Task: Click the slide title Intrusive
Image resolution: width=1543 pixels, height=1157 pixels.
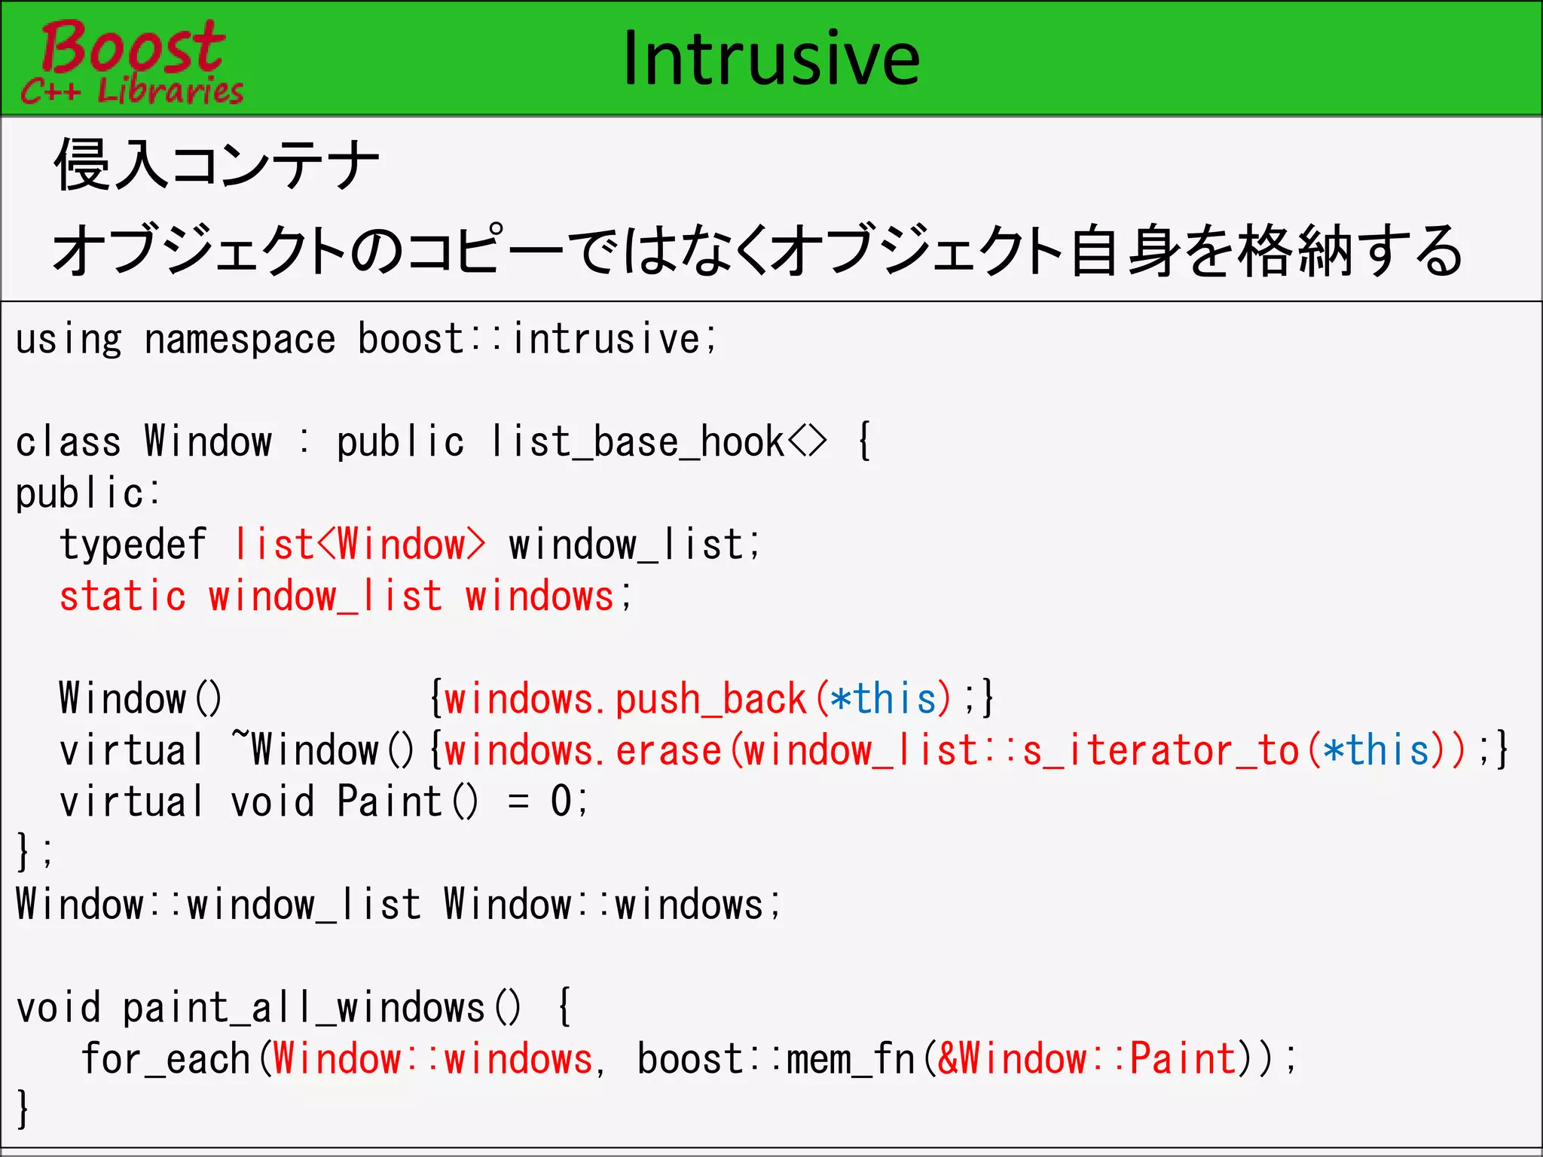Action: [771, 59]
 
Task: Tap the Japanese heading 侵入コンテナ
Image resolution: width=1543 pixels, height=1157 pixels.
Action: [216, 165]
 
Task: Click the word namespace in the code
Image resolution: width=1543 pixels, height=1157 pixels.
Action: [240, 340]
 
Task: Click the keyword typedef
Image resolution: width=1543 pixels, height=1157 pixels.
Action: [133, 545]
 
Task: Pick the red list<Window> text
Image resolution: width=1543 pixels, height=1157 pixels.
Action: [360, 545]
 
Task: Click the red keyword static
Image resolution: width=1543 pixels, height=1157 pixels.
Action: [123, 597]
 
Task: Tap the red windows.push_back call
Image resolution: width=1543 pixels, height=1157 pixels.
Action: [625, 699]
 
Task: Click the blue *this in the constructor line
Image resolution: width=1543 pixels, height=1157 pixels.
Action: [883, 699]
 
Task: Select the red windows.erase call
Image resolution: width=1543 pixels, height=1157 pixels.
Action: [582, 750]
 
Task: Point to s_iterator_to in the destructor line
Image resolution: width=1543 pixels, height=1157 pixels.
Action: [1161, 750]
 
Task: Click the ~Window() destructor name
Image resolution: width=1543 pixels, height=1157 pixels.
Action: [322, 750]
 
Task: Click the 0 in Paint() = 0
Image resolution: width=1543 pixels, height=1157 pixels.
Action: [561, 801]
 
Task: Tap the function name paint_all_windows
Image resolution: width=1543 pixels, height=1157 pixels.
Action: [303, 1008]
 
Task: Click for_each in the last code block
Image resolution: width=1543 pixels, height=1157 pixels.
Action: [166, 1059]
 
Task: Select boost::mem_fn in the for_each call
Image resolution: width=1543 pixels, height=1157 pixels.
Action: [776, 1059]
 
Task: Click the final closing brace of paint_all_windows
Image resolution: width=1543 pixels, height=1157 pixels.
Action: [23, 1109]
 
